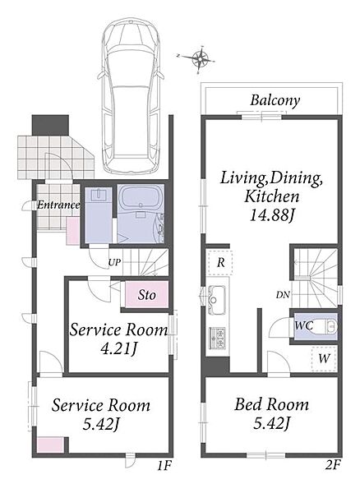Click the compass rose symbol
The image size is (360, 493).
[199, 59]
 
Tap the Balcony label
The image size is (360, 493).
[275, 101]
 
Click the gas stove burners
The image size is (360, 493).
[217, 338]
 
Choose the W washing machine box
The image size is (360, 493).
[324, 358]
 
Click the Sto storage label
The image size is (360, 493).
[147, 295]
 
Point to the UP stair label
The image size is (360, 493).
[114, 263]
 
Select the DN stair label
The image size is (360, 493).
[283, 295]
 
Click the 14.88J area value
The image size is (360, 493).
[272, 215]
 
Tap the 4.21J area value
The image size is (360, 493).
[118, 348]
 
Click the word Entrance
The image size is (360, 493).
[58, 205]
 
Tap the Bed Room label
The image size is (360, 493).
[272, 404]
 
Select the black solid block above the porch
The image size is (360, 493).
[50, 125]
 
